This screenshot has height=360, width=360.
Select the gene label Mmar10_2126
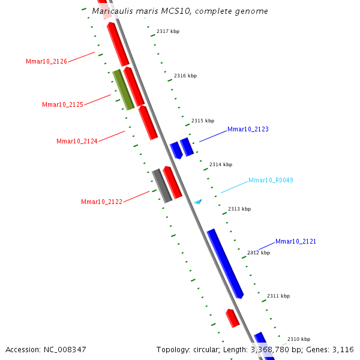tap(46, 61)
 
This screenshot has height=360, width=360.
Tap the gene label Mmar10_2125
tap(62, 104)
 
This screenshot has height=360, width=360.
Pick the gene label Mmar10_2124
tap(77, 141)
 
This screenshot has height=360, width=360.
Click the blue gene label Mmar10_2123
tap(248, 129)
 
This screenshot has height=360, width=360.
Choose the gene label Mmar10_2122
tap(101, 202)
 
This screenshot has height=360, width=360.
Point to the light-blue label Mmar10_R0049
tap(271, 180)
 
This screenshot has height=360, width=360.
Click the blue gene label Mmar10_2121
tap(296, 241)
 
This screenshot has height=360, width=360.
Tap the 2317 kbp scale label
tap(168, 31)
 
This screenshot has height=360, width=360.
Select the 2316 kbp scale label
tap(185, 76)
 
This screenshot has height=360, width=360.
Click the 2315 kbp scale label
tap(203, 121)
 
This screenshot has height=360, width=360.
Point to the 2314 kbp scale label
tap(221, 164)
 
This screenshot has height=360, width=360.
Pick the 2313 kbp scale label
tap(239, 209)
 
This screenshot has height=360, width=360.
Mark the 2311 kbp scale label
tap(278, 296)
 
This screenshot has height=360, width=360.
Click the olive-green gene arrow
tap(123, 89)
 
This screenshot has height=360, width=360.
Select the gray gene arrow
tap(161, 185)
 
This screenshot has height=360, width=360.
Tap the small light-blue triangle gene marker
tap(197, 202)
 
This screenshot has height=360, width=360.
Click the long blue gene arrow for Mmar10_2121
tap(225, 263)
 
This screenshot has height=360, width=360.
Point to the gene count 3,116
tap(344, 349)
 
